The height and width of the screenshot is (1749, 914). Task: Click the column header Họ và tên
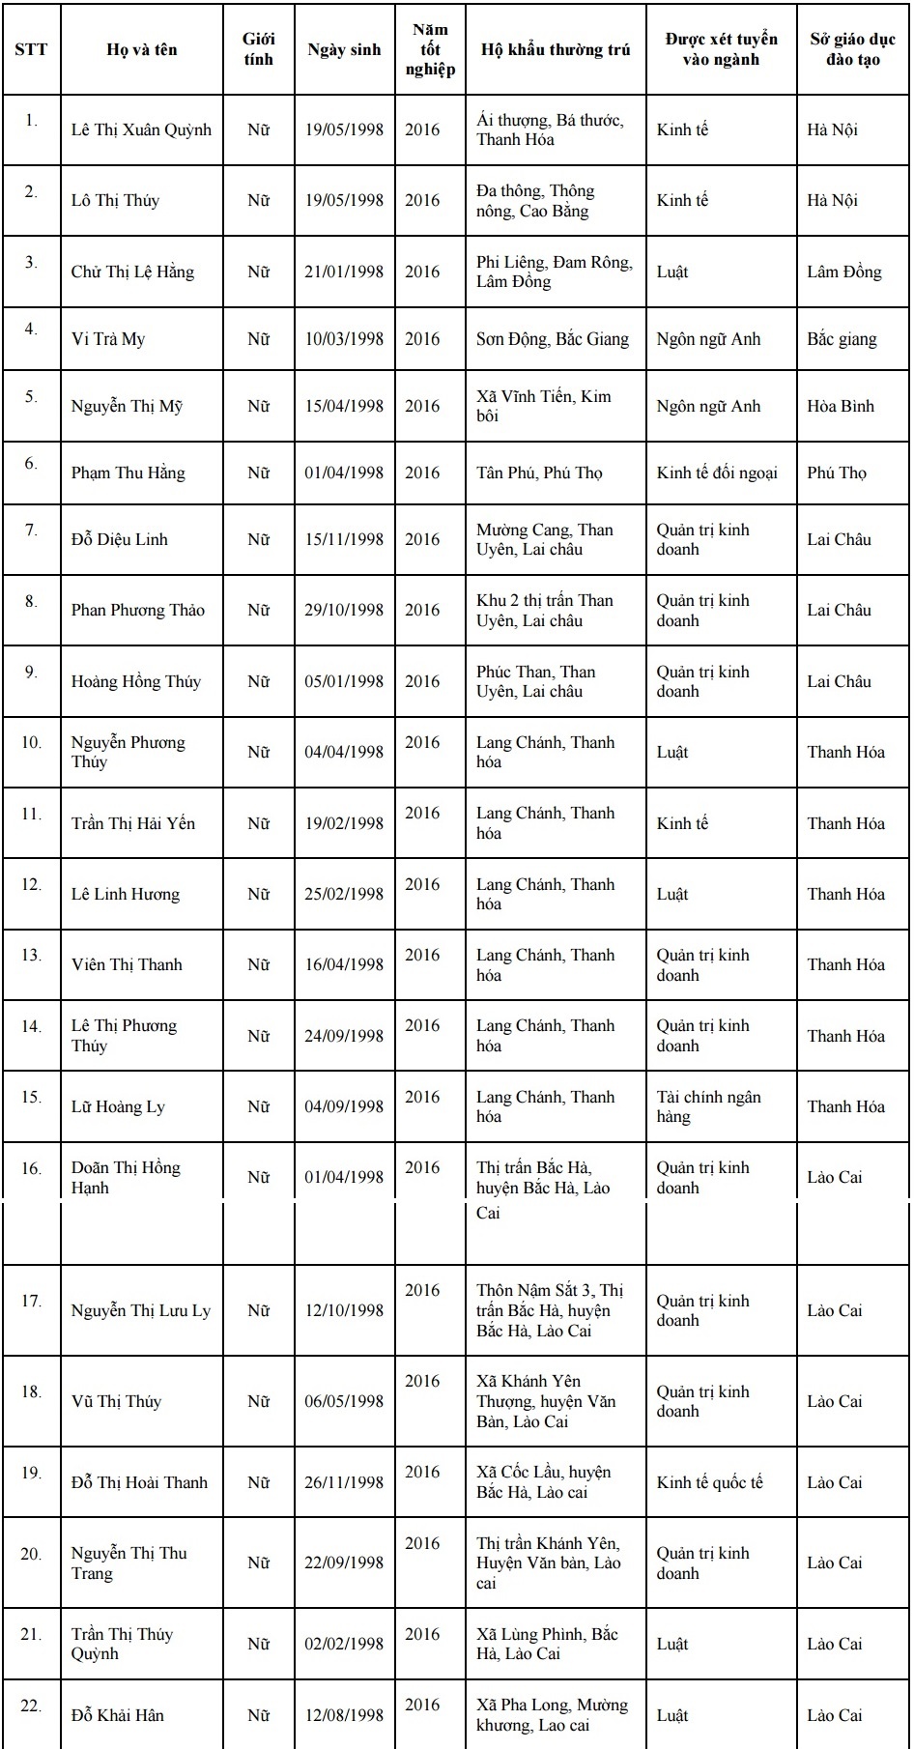pos(142,49)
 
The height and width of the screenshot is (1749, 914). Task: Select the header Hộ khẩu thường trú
pos(555,49)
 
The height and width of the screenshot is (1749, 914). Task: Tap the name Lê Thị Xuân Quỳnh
pos(141,129)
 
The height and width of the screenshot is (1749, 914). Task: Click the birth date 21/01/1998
pos(344,272)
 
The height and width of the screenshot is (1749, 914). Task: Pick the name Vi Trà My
pos(108,339)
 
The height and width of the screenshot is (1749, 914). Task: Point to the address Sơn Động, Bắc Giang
pos(552,339)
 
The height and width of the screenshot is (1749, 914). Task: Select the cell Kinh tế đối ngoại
pos(717,473)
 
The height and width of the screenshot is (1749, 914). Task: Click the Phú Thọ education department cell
pos(837,473)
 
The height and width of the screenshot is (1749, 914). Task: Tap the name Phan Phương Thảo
pos(138,610)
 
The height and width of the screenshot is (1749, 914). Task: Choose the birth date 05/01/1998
pos(344,681)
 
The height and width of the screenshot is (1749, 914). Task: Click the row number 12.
pos(31,885)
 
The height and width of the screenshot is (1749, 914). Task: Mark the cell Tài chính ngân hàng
pos(708,1106)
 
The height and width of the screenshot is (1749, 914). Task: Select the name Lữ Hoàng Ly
pos(118,1106)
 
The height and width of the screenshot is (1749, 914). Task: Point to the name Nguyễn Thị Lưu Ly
pos(141,1310)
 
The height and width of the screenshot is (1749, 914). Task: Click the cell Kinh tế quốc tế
pos(709,1482)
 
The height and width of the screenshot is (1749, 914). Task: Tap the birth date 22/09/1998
pos(344,1563)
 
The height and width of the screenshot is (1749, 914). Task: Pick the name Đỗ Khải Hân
pos(118,1715)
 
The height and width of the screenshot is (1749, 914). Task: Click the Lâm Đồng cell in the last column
pos(844,272)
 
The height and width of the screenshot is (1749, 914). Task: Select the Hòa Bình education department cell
pos(841,406)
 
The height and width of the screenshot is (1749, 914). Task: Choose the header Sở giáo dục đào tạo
pos(852,49)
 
